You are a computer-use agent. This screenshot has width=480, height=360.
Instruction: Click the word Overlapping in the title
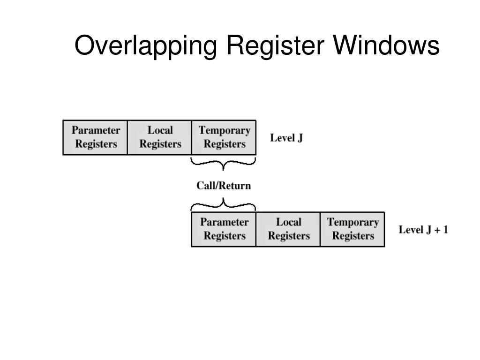[x=146, y=47]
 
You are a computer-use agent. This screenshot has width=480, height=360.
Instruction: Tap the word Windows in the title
[x=387, y=46]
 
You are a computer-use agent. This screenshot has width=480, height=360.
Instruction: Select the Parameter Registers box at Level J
[x=95, y=137]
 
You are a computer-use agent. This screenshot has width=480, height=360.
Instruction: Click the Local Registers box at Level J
[x=160, y=137]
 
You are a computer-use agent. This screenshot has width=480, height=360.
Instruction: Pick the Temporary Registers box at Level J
[x=224, y=137]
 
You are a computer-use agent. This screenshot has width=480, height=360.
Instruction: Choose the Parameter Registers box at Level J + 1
[x=224, y=229]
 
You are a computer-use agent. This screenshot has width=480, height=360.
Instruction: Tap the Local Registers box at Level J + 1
[x=288, y=229]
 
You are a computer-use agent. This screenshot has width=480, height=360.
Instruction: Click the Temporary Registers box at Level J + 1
[x=352, y=229]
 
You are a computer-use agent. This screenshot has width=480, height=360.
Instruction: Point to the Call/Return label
[x=224, y=186]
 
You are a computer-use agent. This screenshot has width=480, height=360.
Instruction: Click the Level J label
[x=286, y=138]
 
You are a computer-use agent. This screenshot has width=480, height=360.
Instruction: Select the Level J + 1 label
[x=423, y=230]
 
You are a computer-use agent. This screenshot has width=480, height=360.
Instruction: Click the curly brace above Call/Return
[x=224, y=164]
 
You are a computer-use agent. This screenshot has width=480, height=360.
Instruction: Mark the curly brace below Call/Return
[x=224, y=204]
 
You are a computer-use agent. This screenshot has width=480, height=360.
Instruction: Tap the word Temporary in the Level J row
[x=224, y=130]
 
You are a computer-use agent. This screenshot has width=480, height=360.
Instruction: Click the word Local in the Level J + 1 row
[x=288, y=222]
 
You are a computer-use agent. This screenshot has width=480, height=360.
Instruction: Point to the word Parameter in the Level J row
[x=96, y=130]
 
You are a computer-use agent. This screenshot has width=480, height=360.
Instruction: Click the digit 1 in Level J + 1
[x=445, y=230]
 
